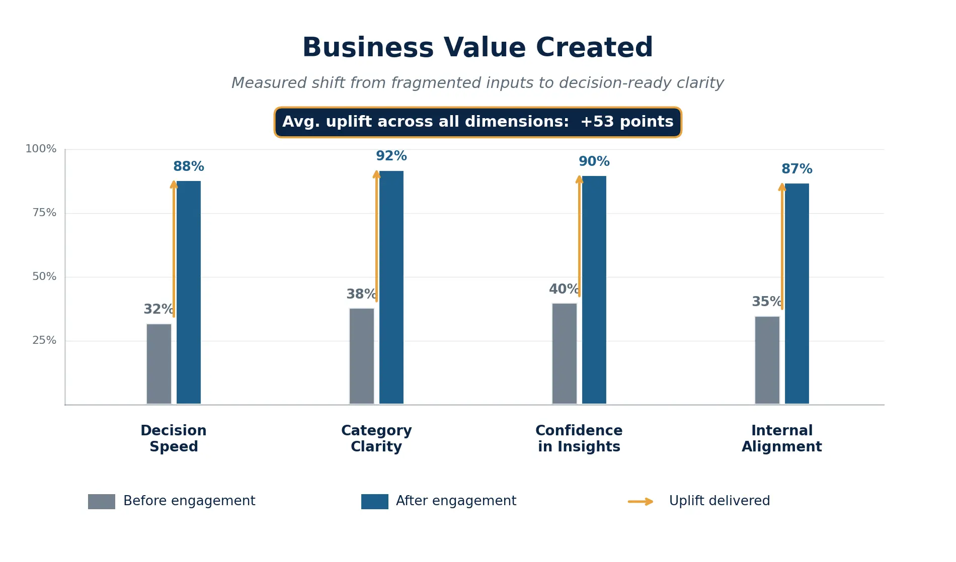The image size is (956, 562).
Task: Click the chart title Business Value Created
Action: [x=477, y=48]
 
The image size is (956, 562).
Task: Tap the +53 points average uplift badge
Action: [x=477, y=122]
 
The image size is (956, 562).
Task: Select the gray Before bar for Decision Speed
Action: [x=159, y=364]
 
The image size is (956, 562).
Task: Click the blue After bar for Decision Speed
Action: [x=189, y=292]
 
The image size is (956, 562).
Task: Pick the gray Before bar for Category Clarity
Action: [x=362, y=356]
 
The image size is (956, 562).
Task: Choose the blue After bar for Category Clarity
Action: [x=391, y=287]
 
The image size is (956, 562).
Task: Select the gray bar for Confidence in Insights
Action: [x=565, y=353]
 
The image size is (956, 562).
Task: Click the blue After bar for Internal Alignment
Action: [x=797, y=294]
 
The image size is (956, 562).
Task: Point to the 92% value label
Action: [x=391, y=156]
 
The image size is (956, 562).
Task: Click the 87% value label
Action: [x=797, y=169]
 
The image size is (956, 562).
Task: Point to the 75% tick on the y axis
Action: [x=44, y=213]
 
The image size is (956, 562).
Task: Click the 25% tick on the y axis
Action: [x=44, y=340]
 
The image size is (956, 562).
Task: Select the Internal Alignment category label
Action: [x=781, y=438]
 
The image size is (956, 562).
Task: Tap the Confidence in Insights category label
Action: [x=579, y=438]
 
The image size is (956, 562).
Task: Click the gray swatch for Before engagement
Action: [x=102, y=502]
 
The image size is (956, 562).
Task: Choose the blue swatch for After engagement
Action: [x=375, y=502]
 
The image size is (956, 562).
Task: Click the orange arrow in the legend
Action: [x=641, y=502]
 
